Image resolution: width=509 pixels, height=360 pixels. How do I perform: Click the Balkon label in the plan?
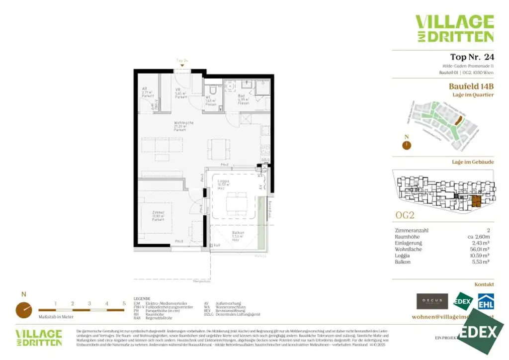(x=238, y=235)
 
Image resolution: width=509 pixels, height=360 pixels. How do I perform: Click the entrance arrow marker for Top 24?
(x=182, y=65)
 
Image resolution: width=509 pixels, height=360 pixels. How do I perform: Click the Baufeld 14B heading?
(x=471, y=86)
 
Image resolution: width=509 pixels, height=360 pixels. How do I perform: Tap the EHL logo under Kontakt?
(x=485, y=301)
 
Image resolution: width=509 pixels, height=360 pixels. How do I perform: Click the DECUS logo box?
(x=432, y=301)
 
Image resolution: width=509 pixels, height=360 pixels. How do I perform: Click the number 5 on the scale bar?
(x=124, y=303)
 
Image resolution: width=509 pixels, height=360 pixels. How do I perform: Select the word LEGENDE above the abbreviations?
(x=142, y=298)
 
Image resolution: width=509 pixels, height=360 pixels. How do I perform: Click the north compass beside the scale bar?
(x=23, y=310)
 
